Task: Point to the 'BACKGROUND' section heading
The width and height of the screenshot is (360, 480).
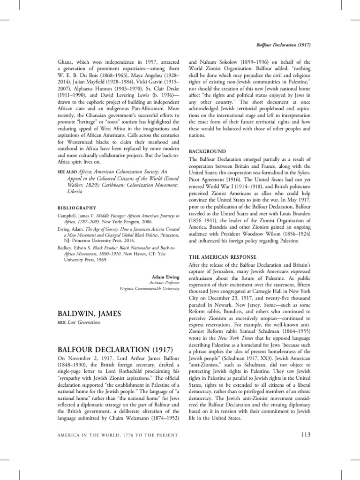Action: pos(207,151)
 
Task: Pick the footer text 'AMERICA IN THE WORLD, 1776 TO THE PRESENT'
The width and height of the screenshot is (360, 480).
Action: pos(117,435)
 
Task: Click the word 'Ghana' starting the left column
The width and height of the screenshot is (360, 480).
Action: pos(65,61)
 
